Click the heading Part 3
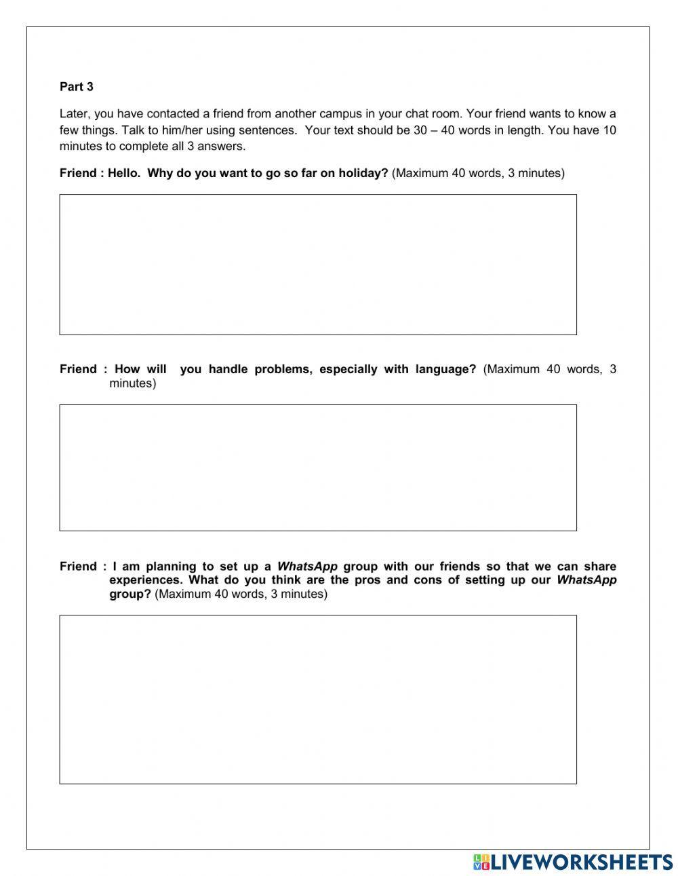tap(77, 87)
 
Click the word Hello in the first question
tap(122, 173)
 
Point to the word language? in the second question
tap(445, 369)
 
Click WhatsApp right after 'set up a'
tap(307, 566)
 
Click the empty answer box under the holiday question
tap(318, 265)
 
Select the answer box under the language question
tap(318, 468)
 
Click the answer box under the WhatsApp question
tap(318, 700)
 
